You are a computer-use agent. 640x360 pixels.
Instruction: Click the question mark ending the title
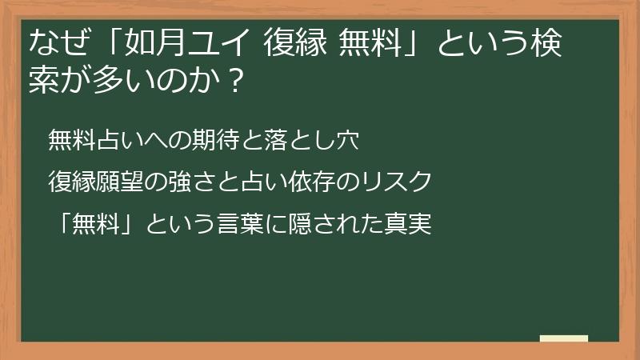pos(234,81)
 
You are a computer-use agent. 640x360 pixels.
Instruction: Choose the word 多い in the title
pos(122,81)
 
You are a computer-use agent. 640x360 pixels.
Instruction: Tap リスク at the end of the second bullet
pos(395,182)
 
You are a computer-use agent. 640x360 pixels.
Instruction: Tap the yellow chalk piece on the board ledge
pos(563,338)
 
